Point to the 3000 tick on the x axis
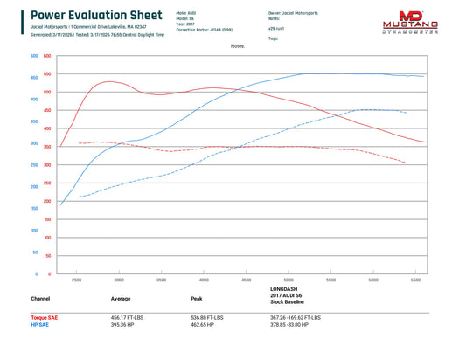point(119,280)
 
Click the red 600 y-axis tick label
point(47,55)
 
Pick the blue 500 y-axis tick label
point(33,55)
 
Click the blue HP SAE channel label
point(39,324)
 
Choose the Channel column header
point(40,298)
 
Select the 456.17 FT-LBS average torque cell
point(129,317)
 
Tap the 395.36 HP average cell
point(122,324)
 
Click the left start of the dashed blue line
point(79,197)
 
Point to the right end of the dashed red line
point(405,163)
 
